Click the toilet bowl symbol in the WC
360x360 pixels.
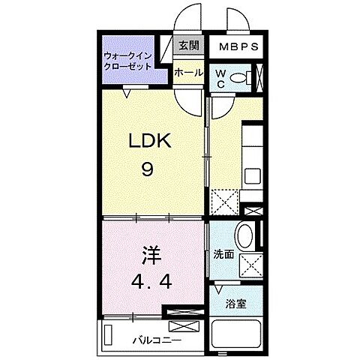click(x=240, y=79)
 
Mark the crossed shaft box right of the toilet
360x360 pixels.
click(x=260, y=78)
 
